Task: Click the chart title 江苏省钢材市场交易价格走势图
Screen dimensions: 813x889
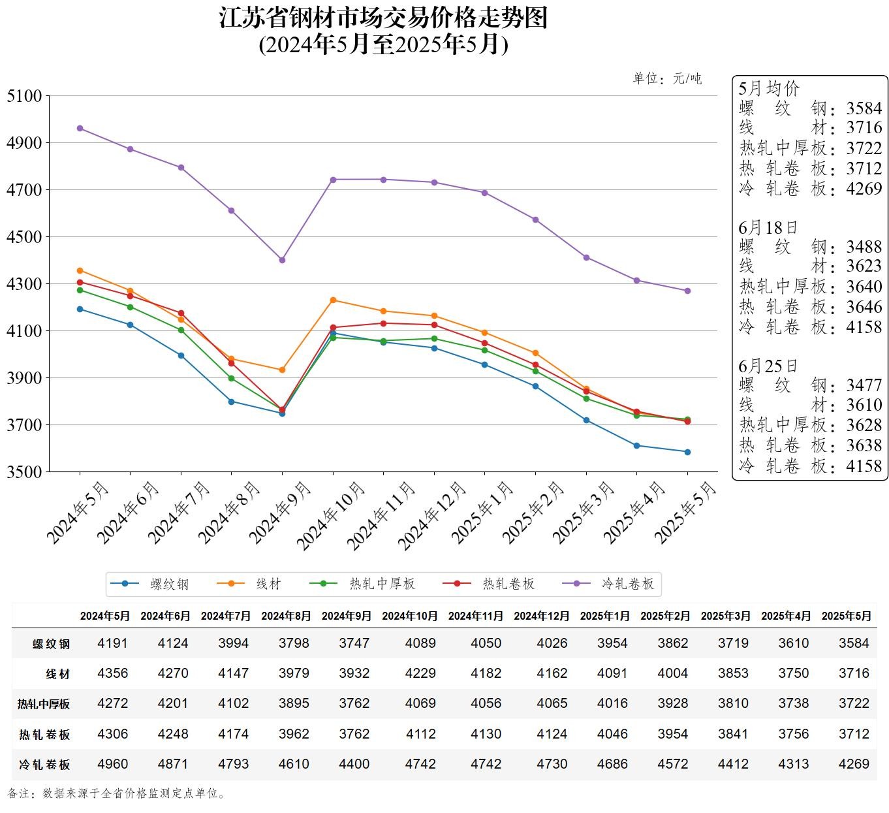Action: (x=383, y=18)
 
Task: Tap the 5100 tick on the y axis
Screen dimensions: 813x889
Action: (x=24, y=96)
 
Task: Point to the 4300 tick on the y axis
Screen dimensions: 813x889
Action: (x=24, y=284)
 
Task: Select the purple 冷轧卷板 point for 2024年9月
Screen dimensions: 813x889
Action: (x=282, y=260)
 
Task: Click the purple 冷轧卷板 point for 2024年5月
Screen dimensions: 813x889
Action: (x=80, y=129)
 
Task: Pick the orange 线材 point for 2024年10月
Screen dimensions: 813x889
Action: (x=333, y=300)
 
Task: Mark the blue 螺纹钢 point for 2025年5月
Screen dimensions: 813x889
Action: (x=687, y=452)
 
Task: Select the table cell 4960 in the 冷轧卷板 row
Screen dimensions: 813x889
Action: (x=112, y=764)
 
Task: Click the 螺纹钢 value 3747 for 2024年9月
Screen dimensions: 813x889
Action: (x=354, y=643)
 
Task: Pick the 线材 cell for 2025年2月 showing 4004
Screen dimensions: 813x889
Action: (x=673, y=673)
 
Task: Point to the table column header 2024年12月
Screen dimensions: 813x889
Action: (x=541, y=616)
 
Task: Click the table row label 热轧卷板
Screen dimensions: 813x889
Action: (x=44, y=735)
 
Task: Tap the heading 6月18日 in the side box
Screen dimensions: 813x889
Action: (x=768, y=227)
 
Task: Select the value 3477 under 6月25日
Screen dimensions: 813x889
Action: (x=864, y=385)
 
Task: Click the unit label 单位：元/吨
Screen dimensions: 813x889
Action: (x=667, y=79)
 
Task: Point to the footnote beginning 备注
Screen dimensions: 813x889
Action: (x=117, y=794)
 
